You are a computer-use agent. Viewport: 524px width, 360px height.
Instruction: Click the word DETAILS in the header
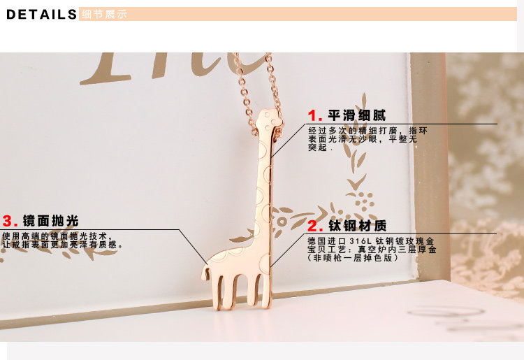[41, 15]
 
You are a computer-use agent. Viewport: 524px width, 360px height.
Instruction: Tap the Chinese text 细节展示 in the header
[104, 15]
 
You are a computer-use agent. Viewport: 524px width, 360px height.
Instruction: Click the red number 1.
[315, 115]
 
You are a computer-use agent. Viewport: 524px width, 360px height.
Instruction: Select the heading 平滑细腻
[356, 115]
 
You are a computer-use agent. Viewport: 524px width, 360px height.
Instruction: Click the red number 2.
[315, 226]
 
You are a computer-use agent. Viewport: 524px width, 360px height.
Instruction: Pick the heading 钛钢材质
[357, 226]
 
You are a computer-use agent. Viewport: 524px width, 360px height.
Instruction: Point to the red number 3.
[10, 221]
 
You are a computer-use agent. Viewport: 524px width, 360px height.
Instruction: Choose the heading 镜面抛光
[51, 221]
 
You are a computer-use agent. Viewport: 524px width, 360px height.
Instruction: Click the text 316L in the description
[361, 241]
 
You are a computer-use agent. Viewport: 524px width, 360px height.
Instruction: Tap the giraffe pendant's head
[269, 120]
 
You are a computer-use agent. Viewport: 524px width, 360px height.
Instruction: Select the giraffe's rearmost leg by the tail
[217, 291]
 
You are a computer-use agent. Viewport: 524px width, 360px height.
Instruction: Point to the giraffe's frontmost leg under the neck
[266, 290]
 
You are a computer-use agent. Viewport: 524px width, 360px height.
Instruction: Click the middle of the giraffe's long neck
[264, 187]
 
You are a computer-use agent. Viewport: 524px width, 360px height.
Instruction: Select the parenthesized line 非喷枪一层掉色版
[353, 258]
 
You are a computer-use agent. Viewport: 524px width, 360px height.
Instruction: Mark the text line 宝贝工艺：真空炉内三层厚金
[372, 250]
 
